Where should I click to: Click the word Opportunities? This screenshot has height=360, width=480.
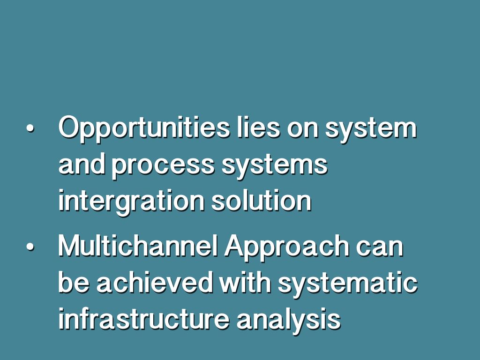point(144,128)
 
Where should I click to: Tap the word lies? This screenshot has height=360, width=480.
point(258,127)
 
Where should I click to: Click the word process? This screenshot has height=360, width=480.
point(163,166)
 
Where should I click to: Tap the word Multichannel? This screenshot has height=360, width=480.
point(138,246)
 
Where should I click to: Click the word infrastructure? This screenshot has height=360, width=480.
point(144,319)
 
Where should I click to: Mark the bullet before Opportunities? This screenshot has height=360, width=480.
point(30,128)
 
